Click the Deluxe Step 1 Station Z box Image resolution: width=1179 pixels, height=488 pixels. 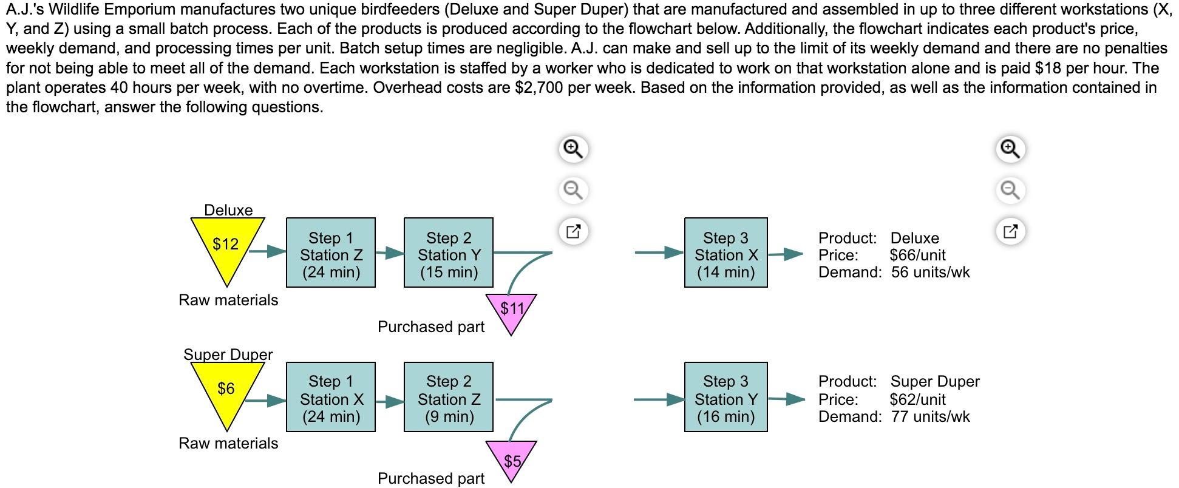point(331,252)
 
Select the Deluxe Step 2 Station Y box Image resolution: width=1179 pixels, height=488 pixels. point(449,252)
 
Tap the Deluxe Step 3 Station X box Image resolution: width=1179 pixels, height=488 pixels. point(725,252)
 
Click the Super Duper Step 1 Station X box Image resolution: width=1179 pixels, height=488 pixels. point(331,397)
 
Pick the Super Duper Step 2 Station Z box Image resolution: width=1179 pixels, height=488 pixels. point(449,397)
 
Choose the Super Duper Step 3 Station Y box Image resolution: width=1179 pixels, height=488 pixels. point(725,397)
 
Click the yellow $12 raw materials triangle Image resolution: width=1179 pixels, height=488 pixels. point(226,245)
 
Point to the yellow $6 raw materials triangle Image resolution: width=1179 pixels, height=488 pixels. point(226,388)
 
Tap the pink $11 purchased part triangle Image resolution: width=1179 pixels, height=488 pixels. point(511,310)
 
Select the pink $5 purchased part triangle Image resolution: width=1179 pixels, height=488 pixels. point(511,460)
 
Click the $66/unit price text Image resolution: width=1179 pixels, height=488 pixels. point(917,255)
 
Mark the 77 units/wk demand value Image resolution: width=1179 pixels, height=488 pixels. point(930,416)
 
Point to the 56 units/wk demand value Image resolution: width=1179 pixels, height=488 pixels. point(930,272)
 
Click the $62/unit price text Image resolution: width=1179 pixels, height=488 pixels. point(917,399)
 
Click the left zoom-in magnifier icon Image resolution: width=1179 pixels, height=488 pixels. point(573,149)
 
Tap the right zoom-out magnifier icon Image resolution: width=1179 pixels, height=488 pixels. point(1010,190)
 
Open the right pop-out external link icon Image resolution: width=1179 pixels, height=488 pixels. point(1010,231)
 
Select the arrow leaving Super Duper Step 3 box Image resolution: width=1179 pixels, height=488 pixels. point(787,399)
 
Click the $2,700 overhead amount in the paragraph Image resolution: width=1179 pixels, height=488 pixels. point(537,88)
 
